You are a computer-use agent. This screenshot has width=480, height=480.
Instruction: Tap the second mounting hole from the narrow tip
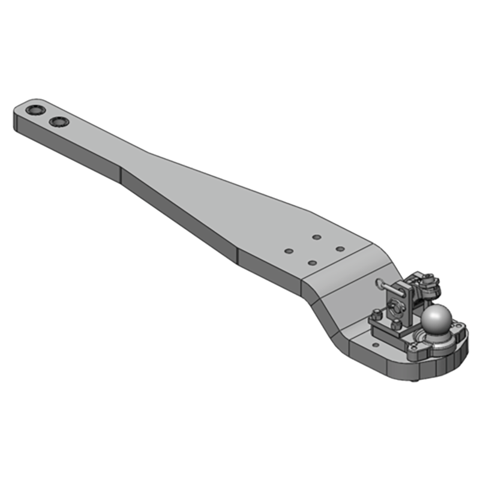(59, 122)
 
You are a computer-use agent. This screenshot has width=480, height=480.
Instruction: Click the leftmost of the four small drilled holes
(289, 251)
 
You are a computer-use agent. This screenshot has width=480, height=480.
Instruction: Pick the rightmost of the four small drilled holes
(340, 248)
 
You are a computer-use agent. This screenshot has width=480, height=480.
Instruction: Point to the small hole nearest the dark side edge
(312, 263)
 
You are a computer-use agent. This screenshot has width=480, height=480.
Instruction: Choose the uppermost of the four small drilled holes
(316, 238)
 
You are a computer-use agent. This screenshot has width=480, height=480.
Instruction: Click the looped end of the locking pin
(380, 282)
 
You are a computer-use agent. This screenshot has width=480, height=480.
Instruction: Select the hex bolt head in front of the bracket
(397, 324)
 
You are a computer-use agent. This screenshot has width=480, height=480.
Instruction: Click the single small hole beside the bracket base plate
(376, 345)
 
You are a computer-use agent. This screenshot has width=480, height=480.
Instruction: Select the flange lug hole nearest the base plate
(414, 347)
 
